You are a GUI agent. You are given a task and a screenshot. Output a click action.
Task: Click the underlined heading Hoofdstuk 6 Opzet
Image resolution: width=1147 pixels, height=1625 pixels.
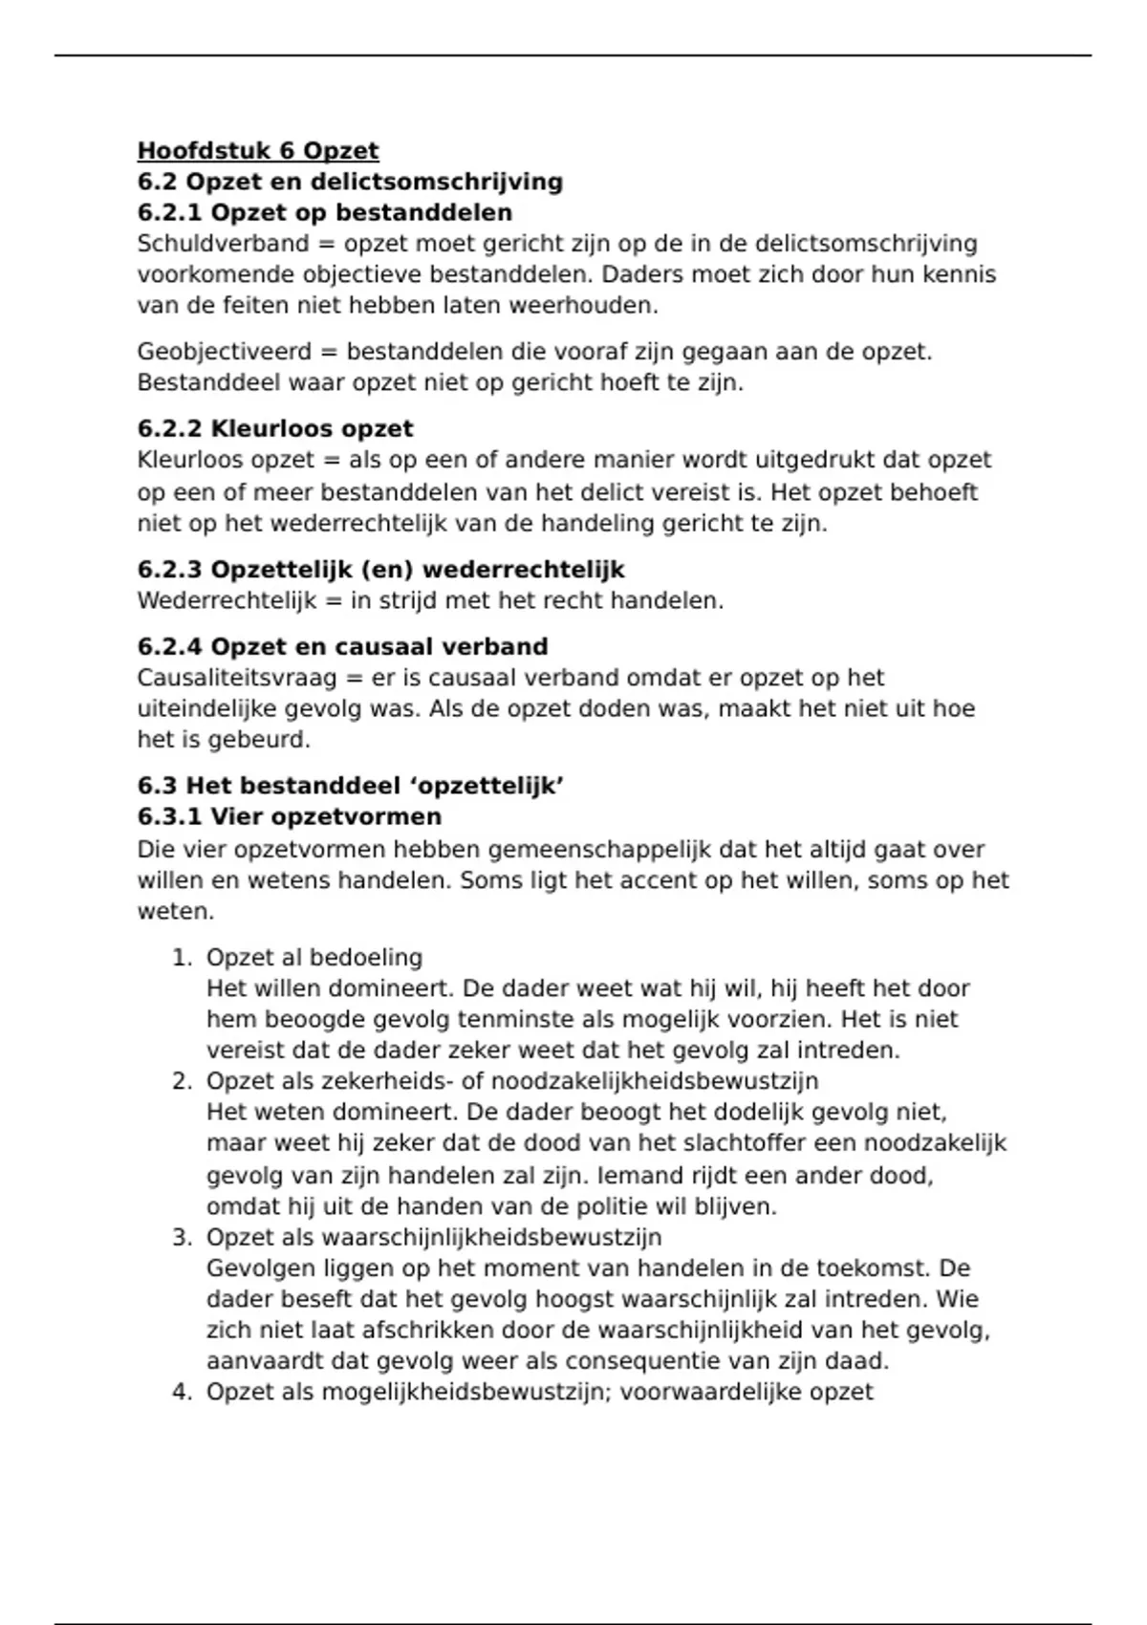pyautogui.click(x=258, y=151)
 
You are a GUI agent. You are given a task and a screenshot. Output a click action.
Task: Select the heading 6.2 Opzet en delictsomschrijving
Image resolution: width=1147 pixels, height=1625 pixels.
pyautogui.click(x=350, y=182)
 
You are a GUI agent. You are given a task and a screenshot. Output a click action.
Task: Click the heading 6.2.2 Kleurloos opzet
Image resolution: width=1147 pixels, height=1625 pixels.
pyautogui.click(x=275, y=428)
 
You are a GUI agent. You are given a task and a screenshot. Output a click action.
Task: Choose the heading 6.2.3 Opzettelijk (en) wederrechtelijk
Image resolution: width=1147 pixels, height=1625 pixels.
pyautogui.click(x=380, y=570)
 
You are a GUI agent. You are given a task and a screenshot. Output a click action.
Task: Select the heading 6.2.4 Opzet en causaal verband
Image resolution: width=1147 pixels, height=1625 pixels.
pyautogui.click(x=342, y=647)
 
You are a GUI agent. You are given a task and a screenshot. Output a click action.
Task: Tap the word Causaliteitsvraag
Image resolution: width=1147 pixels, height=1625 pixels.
pyautogui.click(x=237, y=679)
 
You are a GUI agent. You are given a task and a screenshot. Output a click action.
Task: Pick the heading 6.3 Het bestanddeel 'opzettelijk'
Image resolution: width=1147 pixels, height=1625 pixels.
pyautogui.click(x=350, y=786)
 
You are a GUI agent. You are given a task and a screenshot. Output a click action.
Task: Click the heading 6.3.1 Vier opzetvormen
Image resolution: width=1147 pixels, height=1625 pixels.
pyautogui.click(x=290, y=817)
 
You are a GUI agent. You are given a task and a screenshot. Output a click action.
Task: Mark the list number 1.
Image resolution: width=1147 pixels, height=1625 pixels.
pyautogui.click(x=182, y=958)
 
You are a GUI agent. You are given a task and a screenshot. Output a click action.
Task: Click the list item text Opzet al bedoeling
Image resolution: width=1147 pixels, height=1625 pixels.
pyautogui.click(x=314, y=958)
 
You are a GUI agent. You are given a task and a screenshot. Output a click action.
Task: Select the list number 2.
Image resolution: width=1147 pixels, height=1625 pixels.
pyautogui.click(x=182, y=1081)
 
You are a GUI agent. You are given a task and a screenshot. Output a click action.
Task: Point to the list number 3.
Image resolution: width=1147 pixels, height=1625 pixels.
pyautogui.click(x=182, y=1238)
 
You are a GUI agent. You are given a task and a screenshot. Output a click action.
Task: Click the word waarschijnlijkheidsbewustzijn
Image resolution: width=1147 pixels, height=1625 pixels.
pyautogui.click(x=491, y=1238)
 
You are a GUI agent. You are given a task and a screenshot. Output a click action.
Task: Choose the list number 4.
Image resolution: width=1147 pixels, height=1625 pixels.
pyautogui.click(x=182, y=1392)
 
